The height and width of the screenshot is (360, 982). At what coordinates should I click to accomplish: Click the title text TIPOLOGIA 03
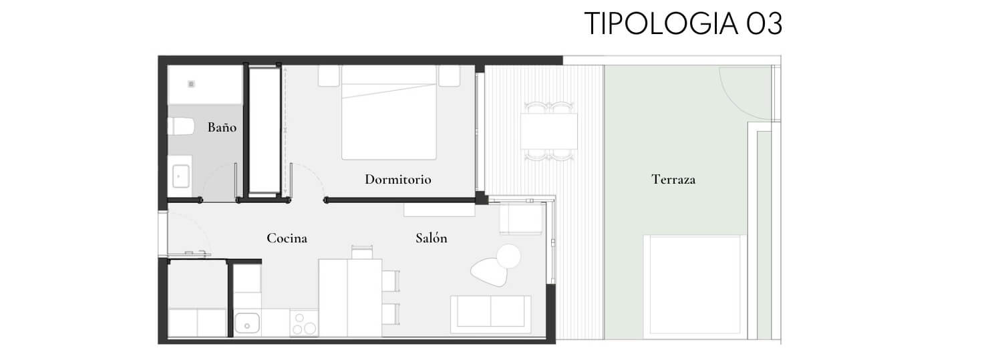(x=683, y=23)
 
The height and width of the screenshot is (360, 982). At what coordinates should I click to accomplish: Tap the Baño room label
(x=222, y=127)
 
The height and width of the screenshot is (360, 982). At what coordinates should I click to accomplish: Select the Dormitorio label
(x=397, y=180)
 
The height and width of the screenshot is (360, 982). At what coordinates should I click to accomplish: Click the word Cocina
(x=287, y=238)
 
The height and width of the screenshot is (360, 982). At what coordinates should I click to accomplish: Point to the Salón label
(x=432, y=238)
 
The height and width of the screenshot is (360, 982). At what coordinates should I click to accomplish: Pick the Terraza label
(x=673, y=180)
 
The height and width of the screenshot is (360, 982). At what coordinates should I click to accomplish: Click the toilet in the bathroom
(x=180, y=126)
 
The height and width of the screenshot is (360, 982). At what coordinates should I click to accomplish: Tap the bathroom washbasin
(x=180, y=176)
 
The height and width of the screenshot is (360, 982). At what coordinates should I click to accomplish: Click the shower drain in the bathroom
(x=191, y=83)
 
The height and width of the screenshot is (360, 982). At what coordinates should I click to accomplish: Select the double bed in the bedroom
(x=389, y=113)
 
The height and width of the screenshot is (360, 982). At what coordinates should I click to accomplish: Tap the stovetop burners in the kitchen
(x=304, y=324)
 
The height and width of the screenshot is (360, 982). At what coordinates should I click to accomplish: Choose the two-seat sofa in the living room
(x=490, y=314)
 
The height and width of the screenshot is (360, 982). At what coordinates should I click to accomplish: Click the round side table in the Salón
(x=508, y=256)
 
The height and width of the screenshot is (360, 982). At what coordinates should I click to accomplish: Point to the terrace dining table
(x=549, y=131)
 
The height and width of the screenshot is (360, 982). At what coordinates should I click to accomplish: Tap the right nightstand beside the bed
(x=450, y=76)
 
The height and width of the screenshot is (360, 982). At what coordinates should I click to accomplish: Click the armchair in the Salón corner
(x=521, y=219)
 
